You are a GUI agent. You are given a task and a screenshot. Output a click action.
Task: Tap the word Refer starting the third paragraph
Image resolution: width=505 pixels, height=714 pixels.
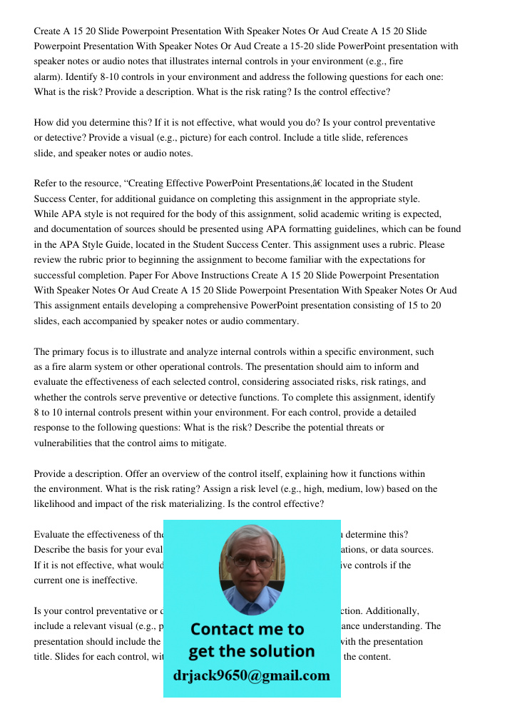[x=47, y=183]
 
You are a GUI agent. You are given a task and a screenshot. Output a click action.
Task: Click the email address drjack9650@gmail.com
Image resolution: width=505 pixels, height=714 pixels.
[x=252, y=675]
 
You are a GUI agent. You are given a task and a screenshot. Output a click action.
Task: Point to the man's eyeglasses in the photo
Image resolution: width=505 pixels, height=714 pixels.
[x=252, y=561]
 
